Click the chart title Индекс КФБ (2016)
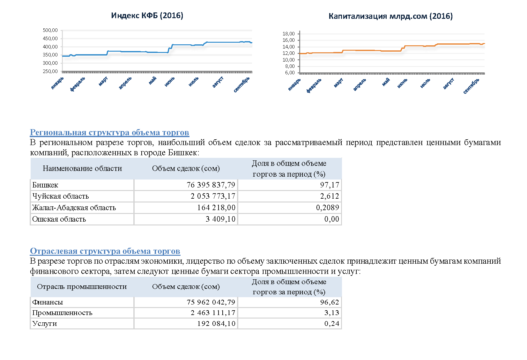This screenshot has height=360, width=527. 147,16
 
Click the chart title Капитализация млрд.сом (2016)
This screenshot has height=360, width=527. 390,16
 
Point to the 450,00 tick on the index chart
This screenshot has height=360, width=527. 50,39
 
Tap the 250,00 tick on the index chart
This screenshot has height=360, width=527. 50,71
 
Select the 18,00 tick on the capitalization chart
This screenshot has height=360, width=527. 288,33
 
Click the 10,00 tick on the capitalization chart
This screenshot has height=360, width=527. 288,60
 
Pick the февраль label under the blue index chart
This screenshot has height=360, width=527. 78,84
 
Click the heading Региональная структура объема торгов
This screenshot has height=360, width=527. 109,132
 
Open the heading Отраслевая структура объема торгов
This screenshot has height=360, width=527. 105,251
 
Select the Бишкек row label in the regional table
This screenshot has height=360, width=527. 45,185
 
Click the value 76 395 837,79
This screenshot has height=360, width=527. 211,185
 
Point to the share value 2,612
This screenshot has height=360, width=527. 329,196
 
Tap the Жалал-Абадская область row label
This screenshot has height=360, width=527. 74,208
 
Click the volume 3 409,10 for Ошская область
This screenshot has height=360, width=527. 220,219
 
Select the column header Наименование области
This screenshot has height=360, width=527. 82,168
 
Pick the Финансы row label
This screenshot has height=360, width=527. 48,302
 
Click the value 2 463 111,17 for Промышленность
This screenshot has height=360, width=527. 213,313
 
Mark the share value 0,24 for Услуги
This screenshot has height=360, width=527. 332,324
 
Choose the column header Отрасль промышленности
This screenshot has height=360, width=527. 82,287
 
